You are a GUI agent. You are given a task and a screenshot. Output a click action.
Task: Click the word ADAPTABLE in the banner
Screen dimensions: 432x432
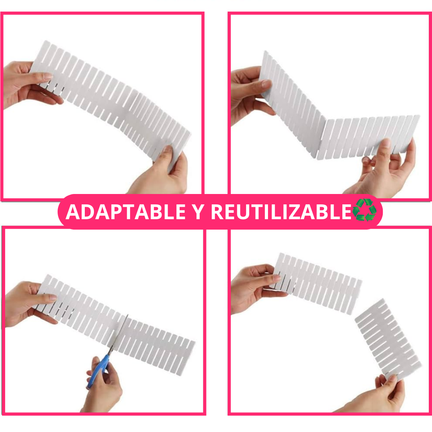[x=126, y=212]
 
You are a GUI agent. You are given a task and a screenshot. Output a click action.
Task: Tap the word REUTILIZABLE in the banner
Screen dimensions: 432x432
[x=281, y=212]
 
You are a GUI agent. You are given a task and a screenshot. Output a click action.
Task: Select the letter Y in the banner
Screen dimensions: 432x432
[x=198, y=212]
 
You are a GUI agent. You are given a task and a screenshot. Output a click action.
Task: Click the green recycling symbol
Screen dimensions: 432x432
[x=364, y=210]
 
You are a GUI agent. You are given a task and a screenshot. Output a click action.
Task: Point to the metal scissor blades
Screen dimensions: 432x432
[x=118, y=335]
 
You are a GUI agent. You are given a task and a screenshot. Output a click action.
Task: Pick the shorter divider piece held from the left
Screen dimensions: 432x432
[x=317, y=284]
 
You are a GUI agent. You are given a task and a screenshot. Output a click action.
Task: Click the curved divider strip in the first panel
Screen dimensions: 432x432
[x=110, y=102]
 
